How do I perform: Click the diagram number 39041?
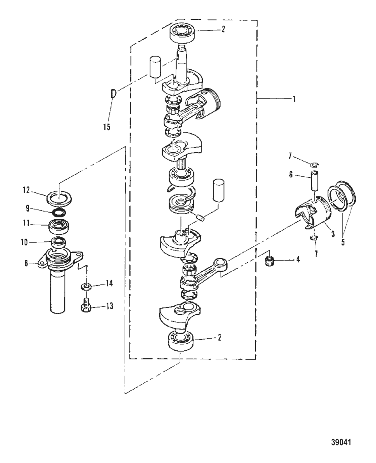[x=341, y=442]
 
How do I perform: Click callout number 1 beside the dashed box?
[x=294, y=99]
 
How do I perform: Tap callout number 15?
[x=106, y=127]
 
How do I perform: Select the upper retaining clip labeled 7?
[x=315, y=164]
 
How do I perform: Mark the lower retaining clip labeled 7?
[x=314, y=238]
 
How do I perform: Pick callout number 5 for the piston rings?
[x=343, y=242]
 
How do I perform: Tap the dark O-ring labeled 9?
[x=59, y=213]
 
